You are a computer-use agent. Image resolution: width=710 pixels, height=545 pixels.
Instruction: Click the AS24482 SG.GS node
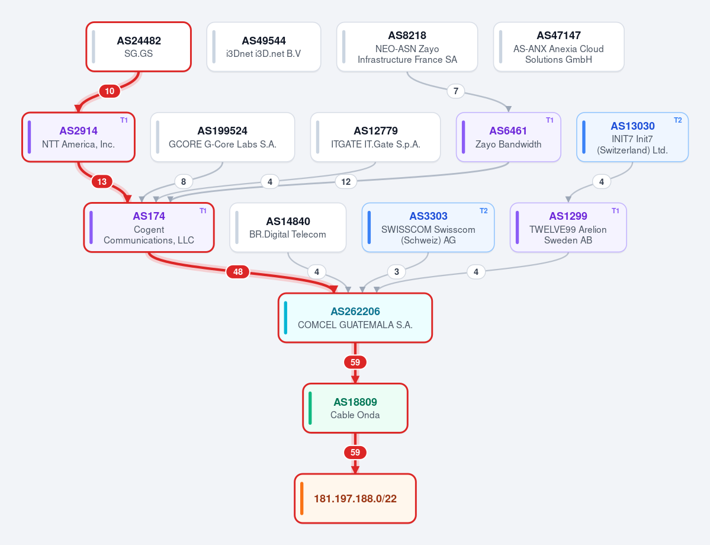coord(139,47)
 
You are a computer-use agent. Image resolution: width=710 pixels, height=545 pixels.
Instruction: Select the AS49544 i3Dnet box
coord(264,47)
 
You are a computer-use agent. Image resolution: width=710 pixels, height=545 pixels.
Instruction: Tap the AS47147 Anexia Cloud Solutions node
coord(559,47)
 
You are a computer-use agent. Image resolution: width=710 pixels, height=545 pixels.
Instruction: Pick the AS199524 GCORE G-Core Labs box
coord(222,137)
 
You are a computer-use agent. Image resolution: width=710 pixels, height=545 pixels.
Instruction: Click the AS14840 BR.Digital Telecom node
coord(288,227)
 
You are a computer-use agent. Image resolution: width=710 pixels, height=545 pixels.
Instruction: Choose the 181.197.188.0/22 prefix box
coord(355,498)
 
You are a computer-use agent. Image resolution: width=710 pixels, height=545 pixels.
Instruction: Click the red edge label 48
coord(237,272)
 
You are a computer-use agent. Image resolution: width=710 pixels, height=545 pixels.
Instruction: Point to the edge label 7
coord(455,91)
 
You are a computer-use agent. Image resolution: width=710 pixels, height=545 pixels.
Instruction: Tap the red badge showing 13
coord(102,182)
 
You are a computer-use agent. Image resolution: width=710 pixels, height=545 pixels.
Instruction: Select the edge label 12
coord(346,182)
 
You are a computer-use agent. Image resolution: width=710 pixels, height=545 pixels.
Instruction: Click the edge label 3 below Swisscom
coord(397,272)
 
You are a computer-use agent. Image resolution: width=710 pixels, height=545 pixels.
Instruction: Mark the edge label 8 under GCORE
coord(184,182)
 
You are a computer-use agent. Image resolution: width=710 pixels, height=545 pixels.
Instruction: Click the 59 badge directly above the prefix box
coord(355,452)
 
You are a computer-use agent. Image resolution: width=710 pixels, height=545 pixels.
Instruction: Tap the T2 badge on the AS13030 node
coord(678,120)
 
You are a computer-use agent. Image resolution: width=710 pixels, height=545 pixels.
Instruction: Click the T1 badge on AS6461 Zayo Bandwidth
coord(550,120)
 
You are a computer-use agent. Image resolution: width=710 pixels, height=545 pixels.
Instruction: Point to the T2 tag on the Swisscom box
coord(484,211)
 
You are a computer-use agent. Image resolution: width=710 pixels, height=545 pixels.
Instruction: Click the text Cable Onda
coord(355,415)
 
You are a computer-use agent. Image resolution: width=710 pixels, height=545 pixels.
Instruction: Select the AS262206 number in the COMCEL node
coord(355,311)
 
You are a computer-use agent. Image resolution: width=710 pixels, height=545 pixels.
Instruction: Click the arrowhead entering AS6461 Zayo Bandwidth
coord(509,109)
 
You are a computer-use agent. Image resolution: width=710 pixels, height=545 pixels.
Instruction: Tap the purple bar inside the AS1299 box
coord(517,227)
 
